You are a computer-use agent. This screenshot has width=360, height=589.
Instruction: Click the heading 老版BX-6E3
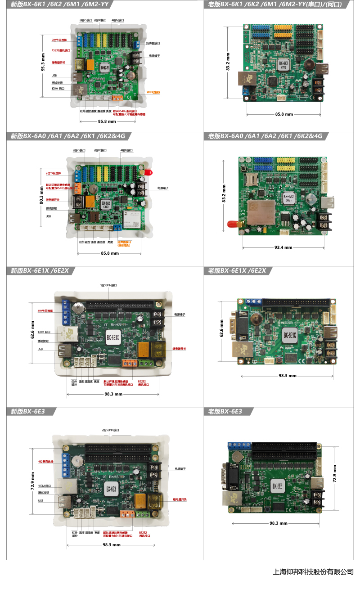coord(225,411)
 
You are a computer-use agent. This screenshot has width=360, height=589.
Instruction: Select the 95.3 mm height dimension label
coord(43,63)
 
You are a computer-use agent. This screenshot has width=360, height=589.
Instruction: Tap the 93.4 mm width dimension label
coord(283,247)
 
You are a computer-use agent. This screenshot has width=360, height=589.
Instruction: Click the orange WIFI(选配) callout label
coord(153,92)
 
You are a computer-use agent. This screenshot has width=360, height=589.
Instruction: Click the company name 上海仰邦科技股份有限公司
coord(313,572)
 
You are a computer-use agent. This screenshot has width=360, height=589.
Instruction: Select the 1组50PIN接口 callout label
coord(108,285)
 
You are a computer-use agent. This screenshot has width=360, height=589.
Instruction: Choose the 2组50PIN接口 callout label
coord(111,430)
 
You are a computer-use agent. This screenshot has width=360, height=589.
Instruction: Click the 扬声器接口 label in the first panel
coord(153,43)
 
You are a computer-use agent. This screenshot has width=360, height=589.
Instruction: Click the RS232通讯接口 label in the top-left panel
coord(61,50)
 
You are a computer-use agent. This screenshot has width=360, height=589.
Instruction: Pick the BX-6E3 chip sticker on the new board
coord(112,488)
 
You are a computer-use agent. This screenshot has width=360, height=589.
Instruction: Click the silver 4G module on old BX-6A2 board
coord(261,214)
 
